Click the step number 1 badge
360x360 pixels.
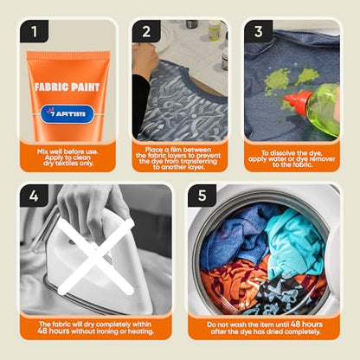point(34,31)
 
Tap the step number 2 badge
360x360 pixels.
point(146,31)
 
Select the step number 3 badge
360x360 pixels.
point(259,31)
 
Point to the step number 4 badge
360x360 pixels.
point(34,196)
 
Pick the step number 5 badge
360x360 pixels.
point(202,196)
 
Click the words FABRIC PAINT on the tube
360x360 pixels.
point(67,87)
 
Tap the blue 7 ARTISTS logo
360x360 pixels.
point(67,114)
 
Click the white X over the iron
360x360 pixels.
point(96,257)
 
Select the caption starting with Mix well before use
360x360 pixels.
point(67,157)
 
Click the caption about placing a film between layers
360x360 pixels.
point(180,158)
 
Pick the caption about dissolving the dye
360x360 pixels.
point(292,159)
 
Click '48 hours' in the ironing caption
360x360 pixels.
point(54,331)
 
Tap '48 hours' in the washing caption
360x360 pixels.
point(306,324)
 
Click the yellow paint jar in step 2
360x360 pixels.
point(214,29)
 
